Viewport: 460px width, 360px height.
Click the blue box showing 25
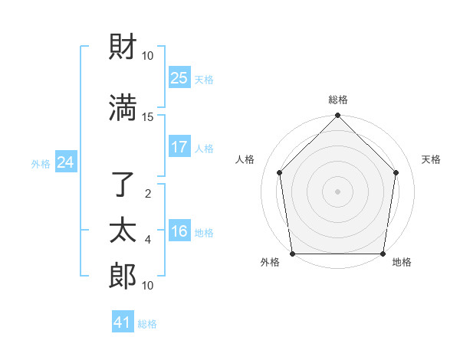pos(179,78)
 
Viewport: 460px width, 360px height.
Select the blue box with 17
pos(179,147)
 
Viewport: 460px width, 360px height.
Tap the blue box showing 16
pos(179,231)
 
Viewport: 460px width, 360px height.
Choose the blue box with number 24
pos(65,162)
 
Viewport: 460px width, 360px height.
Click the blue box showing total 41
pos(123,322)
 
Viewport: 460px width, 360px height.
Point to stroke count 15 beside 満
pos(148,116)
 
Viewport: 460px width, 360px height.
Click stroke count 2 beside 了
pos(148,193)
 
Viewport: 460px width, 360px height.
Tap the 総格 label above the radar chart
pos(338,100)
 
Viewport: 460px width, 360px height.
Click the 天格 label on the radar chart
pos(432,159)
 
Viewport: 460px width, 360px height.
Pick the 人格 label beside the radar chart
pos(245,159)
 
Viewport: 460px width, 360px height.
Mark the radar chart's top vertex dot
pos(338,116)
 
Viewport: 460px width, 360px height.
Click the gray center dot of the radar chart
pos(338,191)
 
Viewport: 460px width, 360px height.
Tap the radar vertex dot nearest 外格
pos(292,254)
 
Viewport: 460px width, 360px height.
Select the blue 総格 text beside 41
pos(147,324)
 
